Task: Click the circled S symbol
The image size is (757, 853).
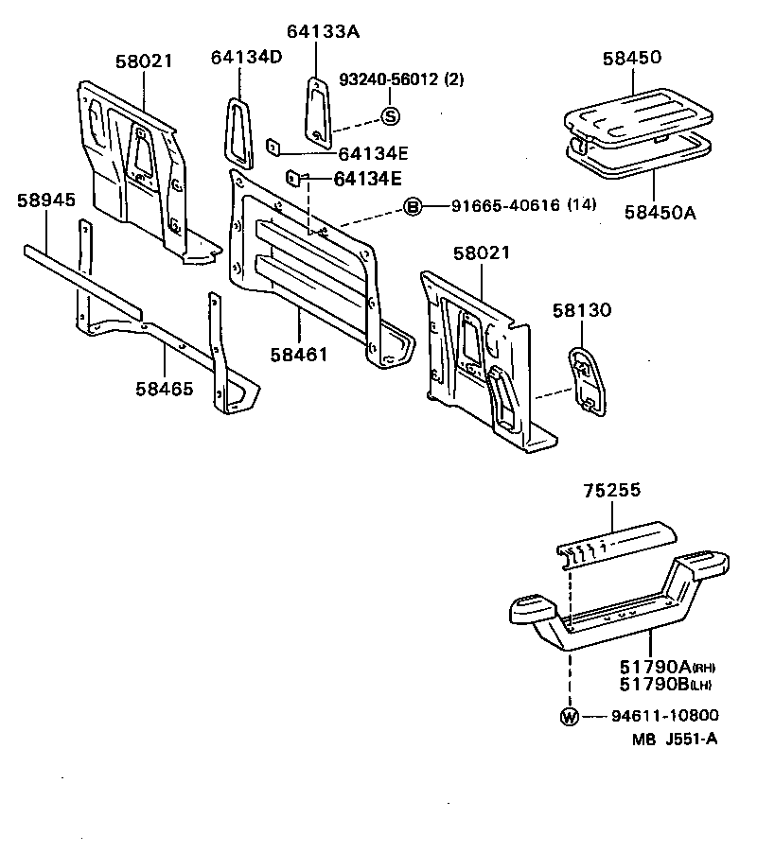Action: point(390,116)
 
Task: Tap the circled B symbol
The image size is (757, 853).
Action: point(413,207)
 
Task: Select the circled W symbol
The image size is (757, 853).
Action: point(569,716)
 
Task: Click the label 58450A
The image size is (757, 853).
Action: point(659,213)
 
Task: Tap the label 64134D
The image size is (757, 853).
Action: point(246,58)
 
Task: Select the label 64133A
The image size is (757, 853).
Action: point(324,31)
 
